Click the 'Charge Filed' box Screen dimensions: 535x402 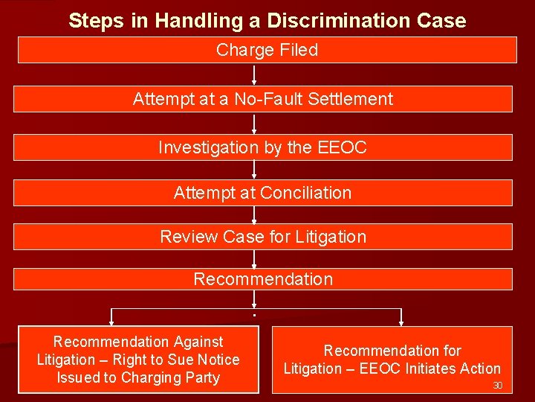pyautogui.click(x=267, y=51)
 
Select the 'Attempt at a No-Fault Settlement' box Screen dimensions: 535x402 pyautogui.click(x=262, y=99)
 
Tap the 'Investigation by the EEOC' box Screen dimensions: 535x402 pyautogui.click(x=262, y=147)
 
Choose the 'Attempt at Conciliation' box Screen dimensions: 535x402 pyautogui.click(x=262, y=193)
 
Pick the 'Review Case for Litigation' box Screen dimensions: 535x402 pyautogui.click(x=262, y=237)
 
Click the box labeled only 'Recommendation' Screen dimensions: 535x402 pyautogui.click(x=262, y=279)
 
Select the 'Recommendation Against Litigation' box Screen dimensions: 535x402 pyautogui.click(x=138, y=360)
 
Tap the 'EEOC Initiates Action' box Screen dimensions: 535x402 pyautogui.click(x=392, y=360)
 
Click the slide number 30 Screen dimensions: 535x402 pyautogui.click(x=498, y=386)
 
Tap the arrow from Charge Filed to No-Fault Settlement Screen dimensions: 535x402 pyautogui.click(x=255, y=75)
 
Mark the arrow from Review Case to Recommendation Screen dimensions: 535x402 pyautogui.click(x=255, y=258)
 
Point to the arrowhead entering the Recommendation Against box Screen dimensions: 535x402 pyautogui.click(x=111, y=322)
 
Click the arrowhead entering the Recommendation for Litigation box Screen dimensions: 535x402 pyautogui.click(x=402, y=322)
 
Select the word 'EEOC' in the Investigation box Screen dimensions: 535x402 pyautogui.click(x=342, y=147)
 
